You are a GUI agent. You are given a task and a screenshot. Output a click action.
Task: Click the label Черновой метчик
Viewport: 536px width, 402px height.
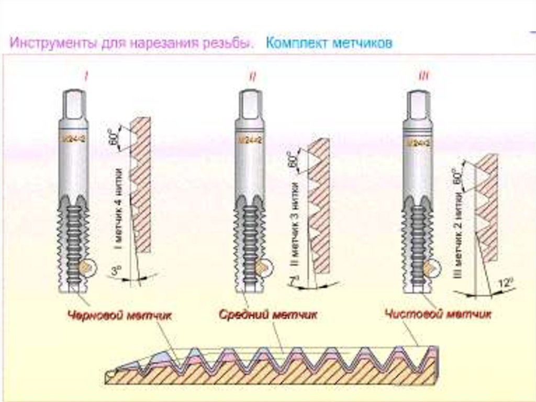tap(119, 315)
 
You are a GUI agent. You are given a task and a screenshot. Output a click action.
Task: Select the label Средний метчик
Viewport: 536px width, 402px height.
tap(267, 315)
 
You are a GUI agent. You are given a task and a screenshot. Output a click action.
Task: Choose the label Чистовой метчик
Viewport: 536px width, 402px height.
tap(438, 314)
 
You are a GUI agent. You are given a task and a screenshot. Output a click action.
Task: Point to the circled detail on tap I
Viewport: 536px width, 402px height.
tap(86, 268)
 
